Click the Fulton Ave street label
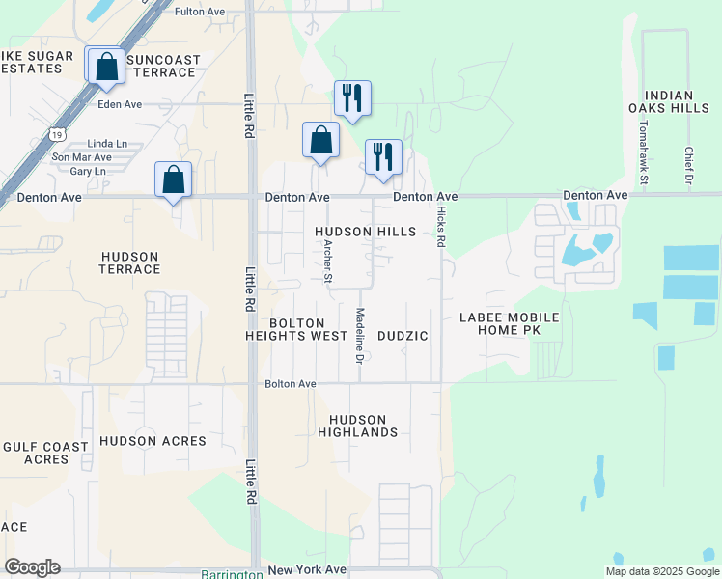click(199, 12)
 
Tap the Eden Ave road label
click(120, 104)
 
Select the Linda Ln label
click(106, 143)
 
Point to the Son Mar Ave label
click(82, 156)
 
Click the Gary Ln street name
click(88, 171)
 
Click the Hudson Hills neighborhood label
click(365, 232)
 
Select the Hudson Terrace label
click(129, 262)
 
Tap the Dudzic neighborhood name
click(402, 335)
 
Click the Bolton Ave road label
click(291, 384)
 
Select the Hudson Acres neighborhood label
click(153, 441)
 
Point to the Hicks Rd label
click(440, 227)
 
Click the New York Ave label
click(307, 570)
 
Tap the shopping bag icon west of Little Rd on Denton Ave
click(174, 179)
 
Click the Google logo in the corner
click(32, 567)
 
